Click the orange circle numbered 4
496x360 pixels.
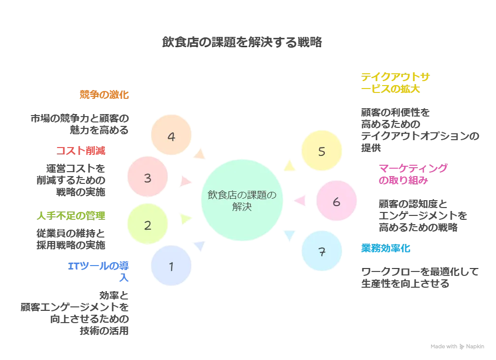(171, 136)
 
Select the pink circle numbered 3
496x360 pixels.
(148, 178)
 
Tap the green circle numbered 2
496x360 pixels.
(148, 225)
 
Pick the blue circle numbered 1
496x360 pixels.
(171, 267)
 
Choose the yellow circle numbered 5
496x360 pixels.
(322, 151)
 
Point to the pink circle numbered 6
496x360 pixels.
(337, 202)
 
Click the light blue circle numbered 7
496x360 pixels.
(322, 252)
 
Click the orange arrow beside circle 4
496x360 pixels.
(199, 154)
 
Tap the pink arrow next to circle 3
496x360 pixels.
(186, 181)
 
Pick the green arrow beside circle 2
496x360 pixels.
(185, 219)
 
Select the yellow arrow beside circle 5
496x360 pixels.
(289, 166)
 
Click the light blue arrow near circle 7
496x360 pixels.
(289, 235)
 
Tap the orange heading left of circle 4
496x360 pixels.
(104, 94)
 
